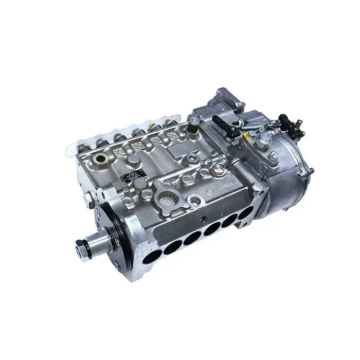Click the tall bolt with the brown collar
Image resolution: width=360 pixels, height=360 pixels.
coord(194,123)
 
